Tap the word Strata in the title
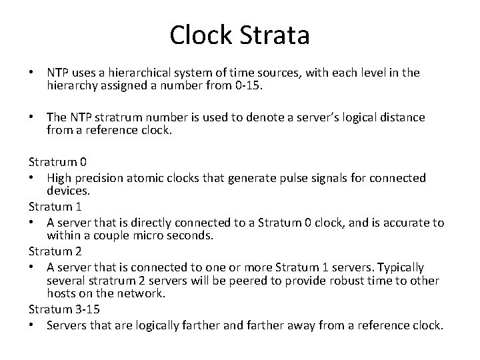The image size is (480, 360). tap(275, 35)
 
